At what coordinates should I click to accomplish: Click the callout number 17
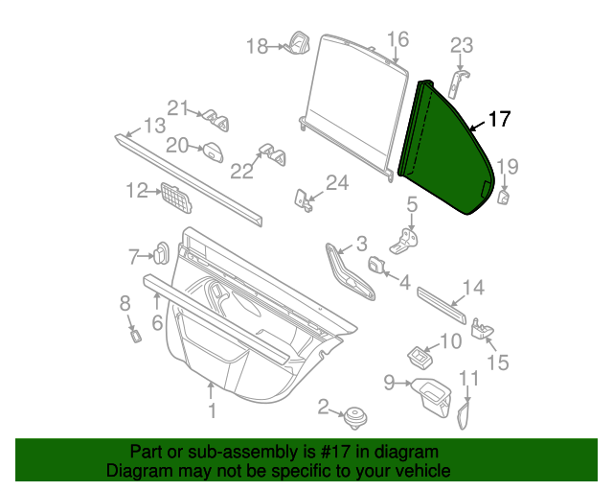click(500, 120)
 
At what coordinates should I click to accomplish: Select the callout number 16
click(397, 39)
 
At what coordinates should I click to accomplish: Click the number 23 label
click(463, 44)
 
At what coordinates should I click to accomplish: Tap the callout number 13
click(154, 125)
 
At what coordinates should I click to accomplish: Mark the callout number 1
click(213, 411)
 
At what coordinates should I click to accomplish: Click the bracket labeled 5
click(408, 239)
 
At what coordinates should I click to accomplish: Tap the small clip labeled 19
click(503, 198)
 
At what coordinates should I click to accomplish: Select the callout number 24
click(337, 182)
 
